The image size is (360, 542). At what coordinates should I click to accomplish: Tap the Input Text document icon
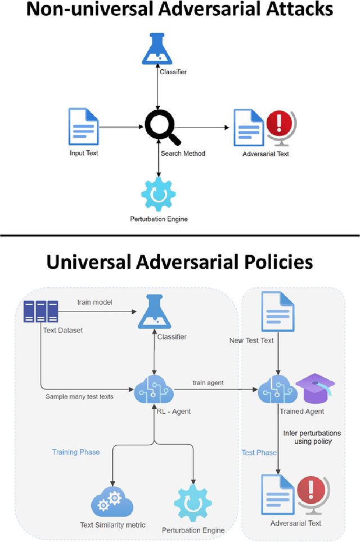[x=83, y=126]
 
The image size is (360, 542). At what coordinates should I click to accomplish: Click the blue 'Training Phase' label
[x=76, y=452]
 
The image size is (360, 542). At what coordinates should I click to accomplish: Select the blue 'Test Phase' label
[x=259, y=453]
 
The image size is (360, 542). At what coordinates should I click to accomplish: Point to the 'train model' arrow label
[x=95, y=302]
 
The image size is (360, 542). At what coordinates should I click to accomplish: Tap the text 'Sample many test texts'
[x=79, y=396]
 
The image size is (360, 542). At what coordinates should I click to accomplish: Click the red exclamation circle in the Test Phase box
[x=308, y=489]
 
